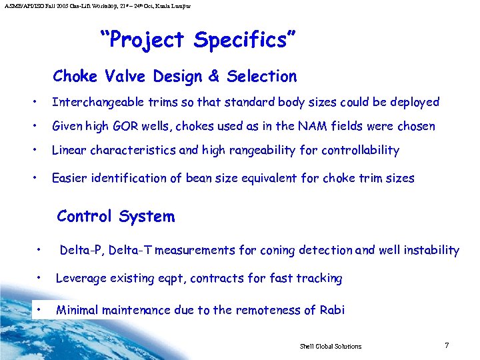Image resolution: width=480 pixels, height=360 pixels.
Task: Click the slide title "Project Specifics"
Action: [x=194, y=40]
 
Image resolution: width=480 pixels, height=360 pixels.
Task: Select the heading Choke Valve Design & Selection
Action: [x=175, y=77]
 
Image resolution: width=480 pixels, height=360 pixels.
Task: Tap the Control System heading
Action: [x=116, y=217]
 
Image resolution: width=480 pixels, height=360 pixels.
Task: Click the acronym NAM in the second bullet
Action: [x=332, y=126]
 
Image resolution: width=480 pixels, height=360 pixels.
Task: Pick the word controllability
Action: [x=360, y=150]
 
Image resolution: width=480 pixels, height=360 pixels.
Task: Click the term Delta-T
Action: [x=131, y=250]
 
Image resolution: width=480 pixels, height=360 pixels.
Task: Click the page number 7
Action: [x=447, y=345]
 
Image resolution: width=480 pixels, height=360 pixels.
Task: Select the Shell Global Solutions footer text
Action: [x=330, y=347]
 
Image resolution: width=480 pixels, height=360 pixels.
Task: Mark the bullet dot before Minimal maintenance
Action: [x=41, y=309]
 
